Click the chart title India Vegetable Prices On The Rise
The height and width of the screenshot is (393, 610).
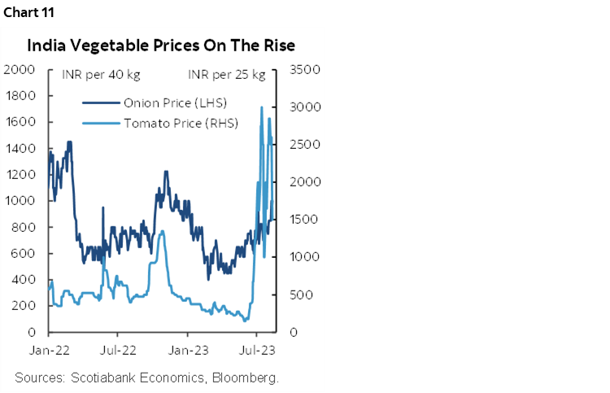coord(163,45)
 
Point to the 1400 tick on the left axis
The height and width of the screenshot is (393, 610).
coord(20,148)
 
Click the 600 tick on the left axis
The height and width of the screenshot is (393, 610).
coord(23,253)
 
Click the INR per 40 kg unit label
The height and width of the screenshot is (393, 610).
coord(101,76)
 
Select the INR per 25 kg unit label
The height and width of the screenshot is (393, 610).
coord(227,76)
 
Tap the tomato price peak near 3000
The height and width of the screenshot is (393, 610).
coord(261,107)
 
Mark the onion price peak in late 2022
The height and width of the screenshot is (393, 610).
coord(166,172)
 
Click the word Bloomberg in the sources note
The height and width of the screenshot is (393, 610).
coord(242,378)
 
